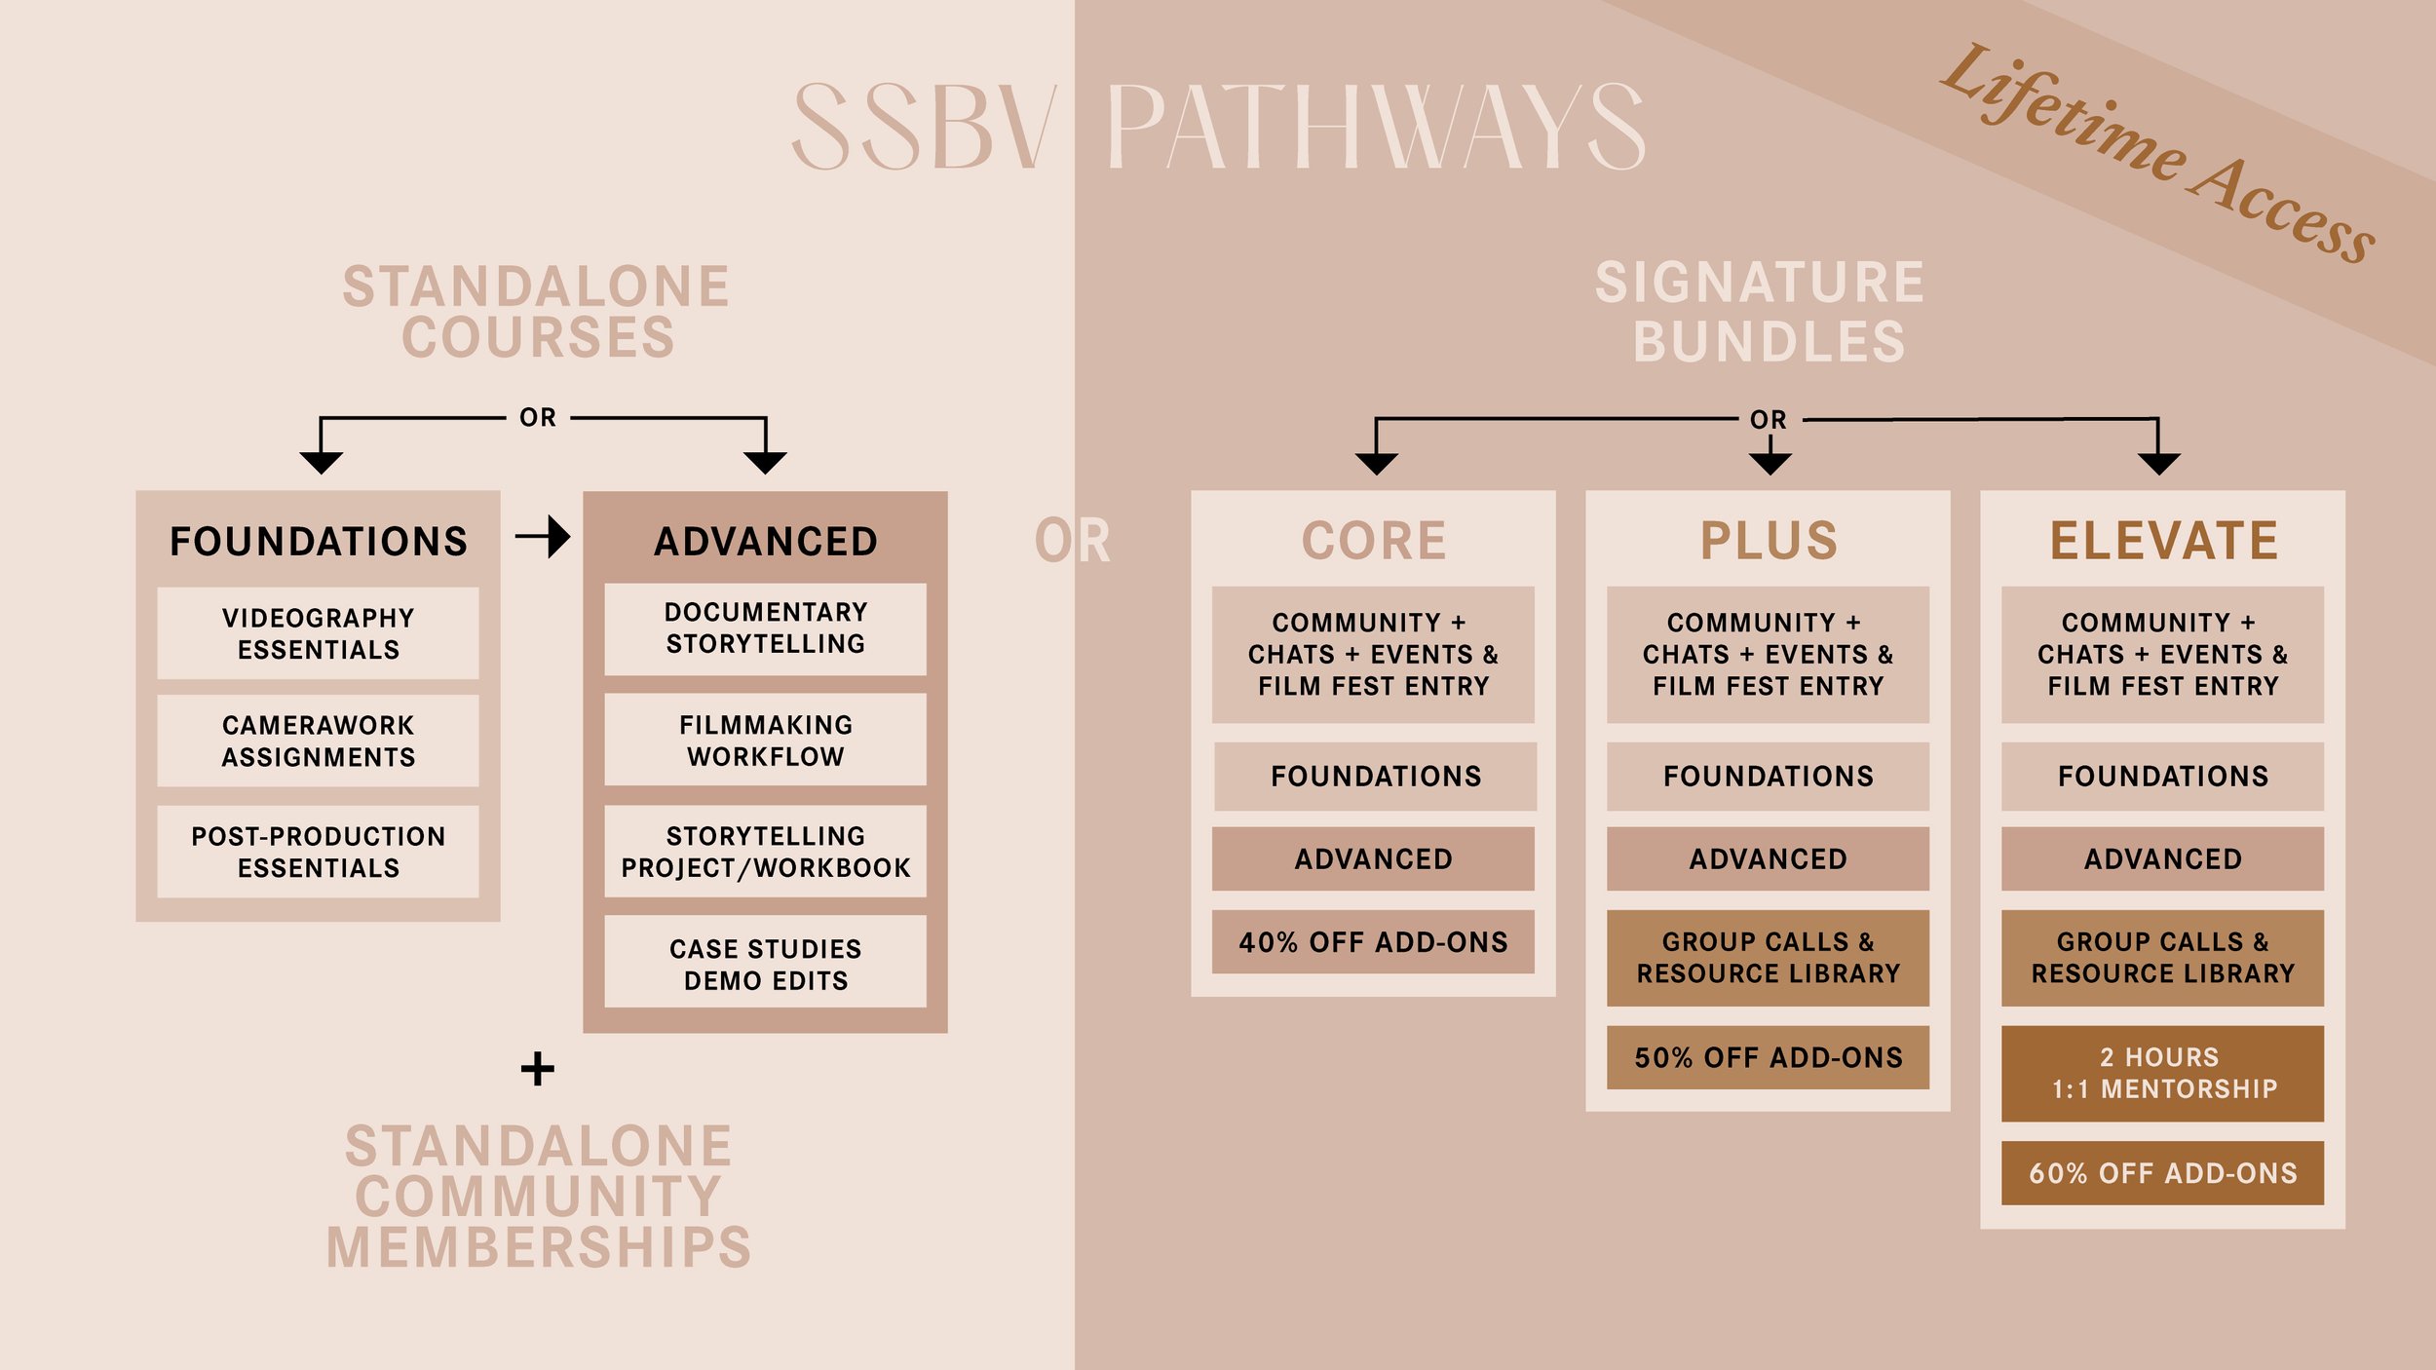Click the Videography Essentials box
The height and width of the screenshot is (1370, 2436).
click(x=318, y=633)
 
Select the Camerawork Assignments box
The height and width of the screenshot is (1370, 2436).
click(x=318, y=741)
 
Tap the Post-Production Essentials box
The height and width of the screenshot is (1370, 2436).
click(x=318, y=852)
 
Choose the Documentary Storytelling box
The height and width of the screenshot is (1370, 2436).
click(x=765, y=628)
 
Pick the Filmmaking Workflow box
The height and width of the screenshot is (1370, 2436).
click(x=765, y=741)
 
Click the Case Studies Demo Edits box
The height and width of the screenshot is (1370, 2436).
click(x=765, y=964)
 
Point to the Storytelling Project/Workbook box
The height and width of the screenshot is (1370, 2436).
click(x=765, y=852)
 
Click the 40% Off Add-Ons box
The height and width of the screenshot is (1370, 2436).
click(x=1373, y=942)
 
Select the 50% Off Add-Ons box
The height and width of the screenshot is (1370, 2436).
click(x=1768, y=1057)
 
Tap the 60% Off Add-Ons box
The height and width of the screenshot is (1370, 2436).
click(x=2162, y=1173)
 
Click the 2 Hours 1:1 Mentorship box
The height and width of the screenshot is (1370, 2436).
click(x=2162, y=1073)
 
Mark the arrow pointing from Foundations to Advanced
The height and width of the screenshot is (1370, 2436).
click(x=544, y=536)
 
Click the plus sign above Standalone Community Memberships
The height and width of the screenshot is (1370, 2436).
click(x=537, y=1069)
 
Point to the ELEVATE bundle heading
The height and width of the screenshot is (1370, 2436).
click(x=2163, y=541)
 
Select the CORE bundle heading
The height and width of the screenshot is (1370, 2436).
click(x=1373, y=541)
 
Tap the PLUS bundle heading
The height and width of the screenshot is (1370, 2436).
click(x=1768, y=541)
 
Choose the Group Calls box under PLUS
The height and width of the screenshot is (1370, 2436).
click(x=1768, y=958)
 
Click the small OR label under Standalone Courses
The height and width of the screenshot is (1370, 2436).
click(x=537, y=418)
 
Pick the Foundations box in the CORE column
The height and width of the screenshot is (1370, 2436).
click(x=1375, y=777)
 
